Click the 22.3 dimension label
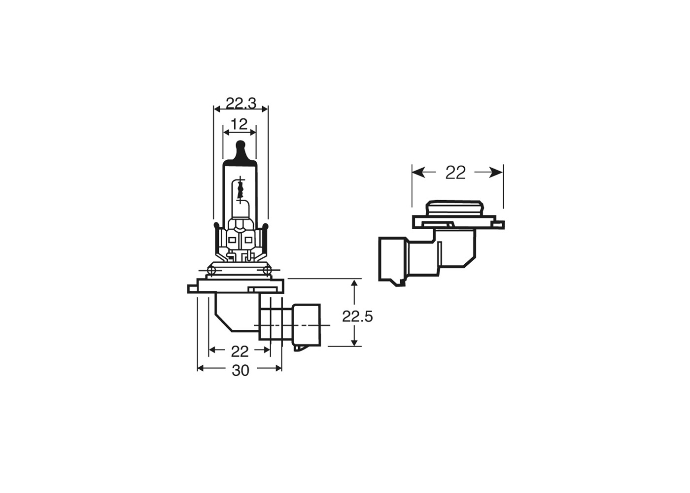241,104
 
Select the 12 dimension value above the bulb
240,124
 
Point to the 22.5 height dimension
357,317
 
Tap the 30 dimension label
241,370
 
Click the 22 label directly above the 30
240,352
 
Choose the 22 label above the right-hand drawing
455,173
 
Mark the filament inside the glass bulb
240,190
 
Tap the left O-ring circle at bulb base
212,270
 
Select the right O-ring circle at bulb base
267,270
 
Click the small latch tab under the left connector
299,348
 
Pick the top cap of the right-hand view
453,208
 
